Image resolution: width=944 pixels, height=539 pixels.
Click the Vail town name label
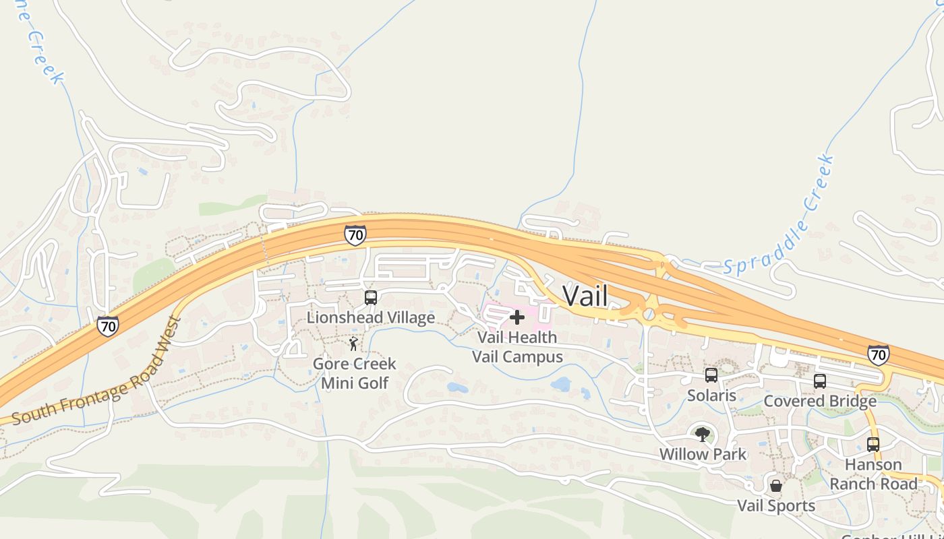[x=585, y=296]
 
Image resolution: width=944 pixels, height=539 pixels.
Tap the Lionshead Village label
[x=370, y=317]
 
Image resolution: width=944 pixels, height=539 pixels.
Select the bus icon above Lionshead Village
[x=370, y=298]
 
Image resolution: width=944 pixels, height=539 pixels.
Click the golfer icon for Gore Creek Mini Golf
[x=353, y=344]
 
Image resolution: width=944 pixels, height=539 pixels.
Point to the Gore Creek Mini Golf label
[x=354, y=373]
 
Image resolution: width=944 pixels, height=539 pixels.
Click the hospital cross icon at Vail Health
[x=517, y=317]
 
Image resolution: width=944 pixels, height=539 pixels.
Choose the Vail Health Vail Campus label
[x=517, y=346]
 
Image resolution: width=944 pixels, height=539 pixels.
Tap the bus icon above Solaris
[x=711, y=375]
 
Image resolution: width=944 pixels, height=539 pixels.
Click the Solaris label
[x=711, y=395]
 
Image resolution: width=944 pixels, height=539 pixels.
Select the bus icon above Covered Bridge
[x=820, y=381]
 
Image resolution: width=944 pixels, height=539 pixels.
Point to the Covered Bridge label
[x=820, y=402]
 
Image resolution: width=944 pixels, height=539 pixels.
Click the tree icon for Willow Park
[x=703, y=435]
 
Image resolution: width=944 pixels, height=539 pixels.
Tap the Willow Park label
[x=703, y=454]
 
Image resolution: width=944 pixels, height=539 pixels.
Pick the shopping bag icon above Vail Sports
[x=776, y=486]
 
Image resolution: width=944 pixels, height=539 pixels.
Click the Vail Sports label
[x=776, y=505]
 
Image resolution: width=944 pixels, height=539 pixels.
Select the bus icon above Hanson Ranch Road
[x=873, y=445]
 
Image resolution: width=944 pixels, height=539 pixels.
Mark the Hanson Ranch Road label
[x=873, y=474]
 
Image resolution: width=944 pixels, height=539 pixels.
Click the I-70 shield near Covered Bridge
[x=878, y=354]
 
